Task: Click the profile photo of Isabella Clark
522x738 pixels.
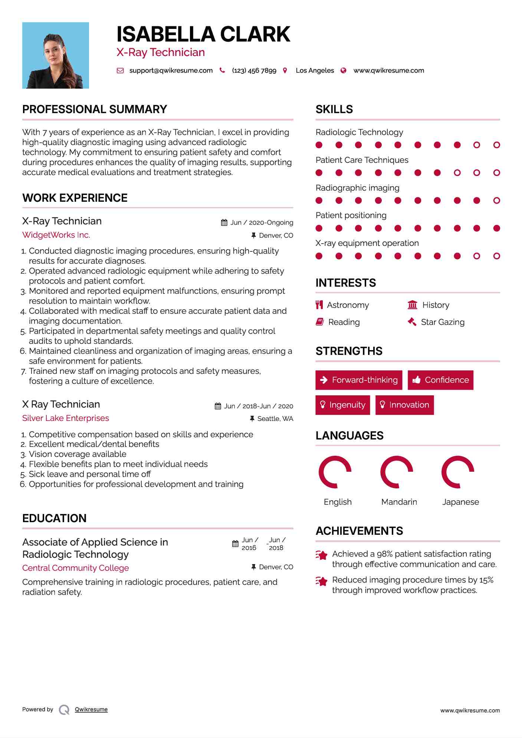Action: point(56,55)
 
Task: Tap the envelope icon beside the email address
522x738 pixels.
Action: point(120,70)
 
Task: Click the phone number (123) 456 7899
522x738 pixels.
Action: point(254,70)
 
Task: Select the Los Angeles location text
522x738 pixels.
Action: point(315,70)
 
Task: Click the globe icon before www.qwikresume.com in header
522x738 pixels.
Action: point(344,70)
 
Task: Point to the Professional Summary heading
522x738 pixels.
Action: point(95,109)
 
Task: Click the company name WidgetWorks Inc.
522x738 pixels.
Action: point(56,235)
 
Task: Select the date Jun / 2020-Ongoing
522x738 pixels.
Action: point(262,223)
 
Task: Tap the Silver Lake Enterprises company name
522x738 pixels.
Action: point(66,418)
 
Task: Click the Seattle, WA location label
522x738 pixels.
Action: point(275,419)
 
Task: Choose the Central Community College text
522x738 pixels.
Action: point(76,568)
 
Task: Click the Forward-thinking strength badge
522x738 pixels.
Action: point(359,380)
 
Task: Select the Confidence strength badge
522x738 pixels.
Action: point(440,380)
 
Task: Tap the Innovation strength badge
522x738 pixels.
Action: point(404,405)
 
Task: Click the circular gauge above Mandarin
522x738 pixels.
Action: point(397,472)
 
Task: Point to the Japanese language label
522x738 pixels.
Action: point(460,502)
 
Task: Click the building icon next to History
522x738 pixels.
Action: point(413,305)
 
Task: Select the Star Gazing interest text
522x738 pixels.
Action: point(443,322)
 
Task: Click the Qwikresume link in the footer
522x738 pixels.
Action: point(91,709)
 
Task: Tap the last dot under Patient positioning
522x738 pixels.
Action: point(497,228)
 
